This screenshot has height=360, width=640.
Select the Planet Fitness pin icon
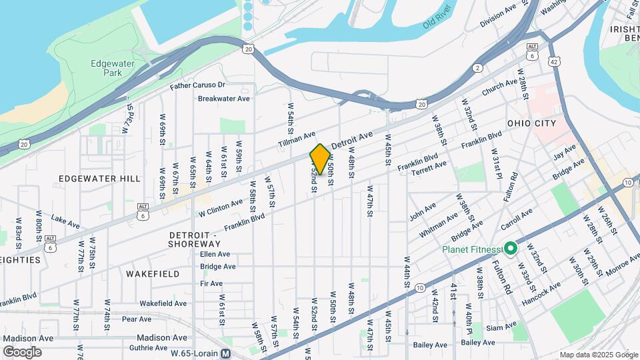pos(511,249)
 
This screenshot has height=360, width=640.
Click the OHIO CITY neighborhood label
pos(531,123)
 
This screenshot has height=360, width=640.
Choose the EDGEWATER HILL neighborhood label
pos(99,179)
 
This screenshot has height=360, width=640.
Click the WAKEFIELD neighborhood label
pos(153,274)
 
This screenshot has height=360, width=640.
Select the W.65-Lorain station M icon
pos(226,353)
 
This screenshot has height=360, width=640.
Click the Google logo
pos(23,352)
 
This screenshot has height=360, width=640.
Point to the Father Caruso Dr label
pos(197,85)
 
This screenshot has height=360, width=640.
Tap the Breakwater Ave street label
pos(223,99)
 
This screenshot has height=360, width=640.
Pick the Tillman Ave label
pos(297,139)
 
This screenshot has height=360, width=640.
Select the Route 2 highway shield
pos(477,68)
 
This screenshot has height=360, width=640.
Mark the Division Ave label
pos(498,17)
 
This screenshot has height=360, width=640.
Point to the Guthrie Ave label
pos(148,347)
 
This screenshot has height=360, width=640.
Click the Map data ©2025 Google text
pos(599,355)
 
